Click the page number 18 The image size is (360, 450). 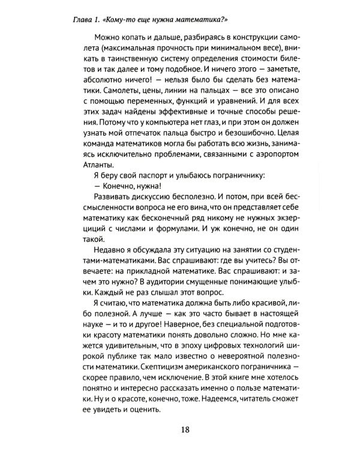click(185, 430)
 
